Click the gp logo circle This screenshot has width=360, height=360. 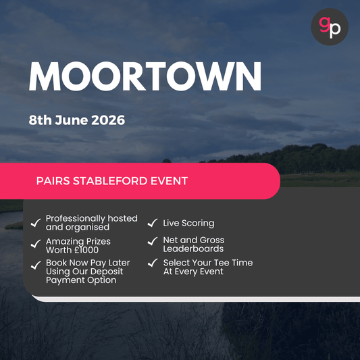(330, 27)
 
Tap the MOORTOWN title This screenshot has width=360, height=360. (145, 76)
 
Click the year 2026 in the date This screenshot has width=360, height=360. (107, 120)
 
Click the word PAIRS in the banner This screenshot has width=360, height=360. (55, 181)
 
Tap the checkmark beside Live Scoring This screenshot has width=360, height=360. (153, 223)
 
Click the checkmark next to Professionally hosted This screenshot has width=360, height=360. (36, 222)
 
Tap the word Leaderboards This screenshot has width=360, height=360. (193, 249)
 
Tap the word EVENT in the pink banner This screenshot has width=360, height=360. (171, 181)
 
